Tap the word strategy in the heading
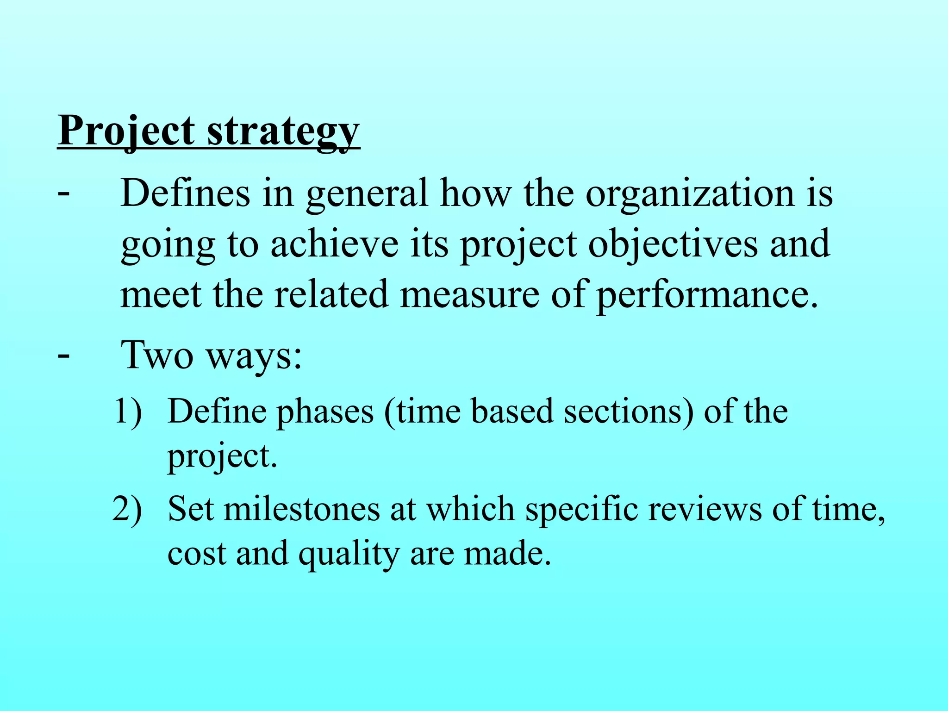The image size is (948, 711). [x=283, y=132]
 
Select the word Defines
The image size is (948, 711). [x=185, y=193]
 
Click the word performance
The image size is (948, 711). [x=707, y=295]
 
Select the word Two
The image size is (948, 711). [x=156, y=355]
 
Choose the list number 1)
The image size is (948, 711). [x=128, y=411]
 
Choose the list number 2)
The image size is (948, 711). [x=127, y=509]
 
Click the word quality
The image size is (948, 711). [x=349, y=554]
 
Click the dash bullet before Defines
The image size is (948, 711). [x=64, y=193]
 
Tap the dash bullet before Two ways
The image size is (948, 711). [x=64, y=355]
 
